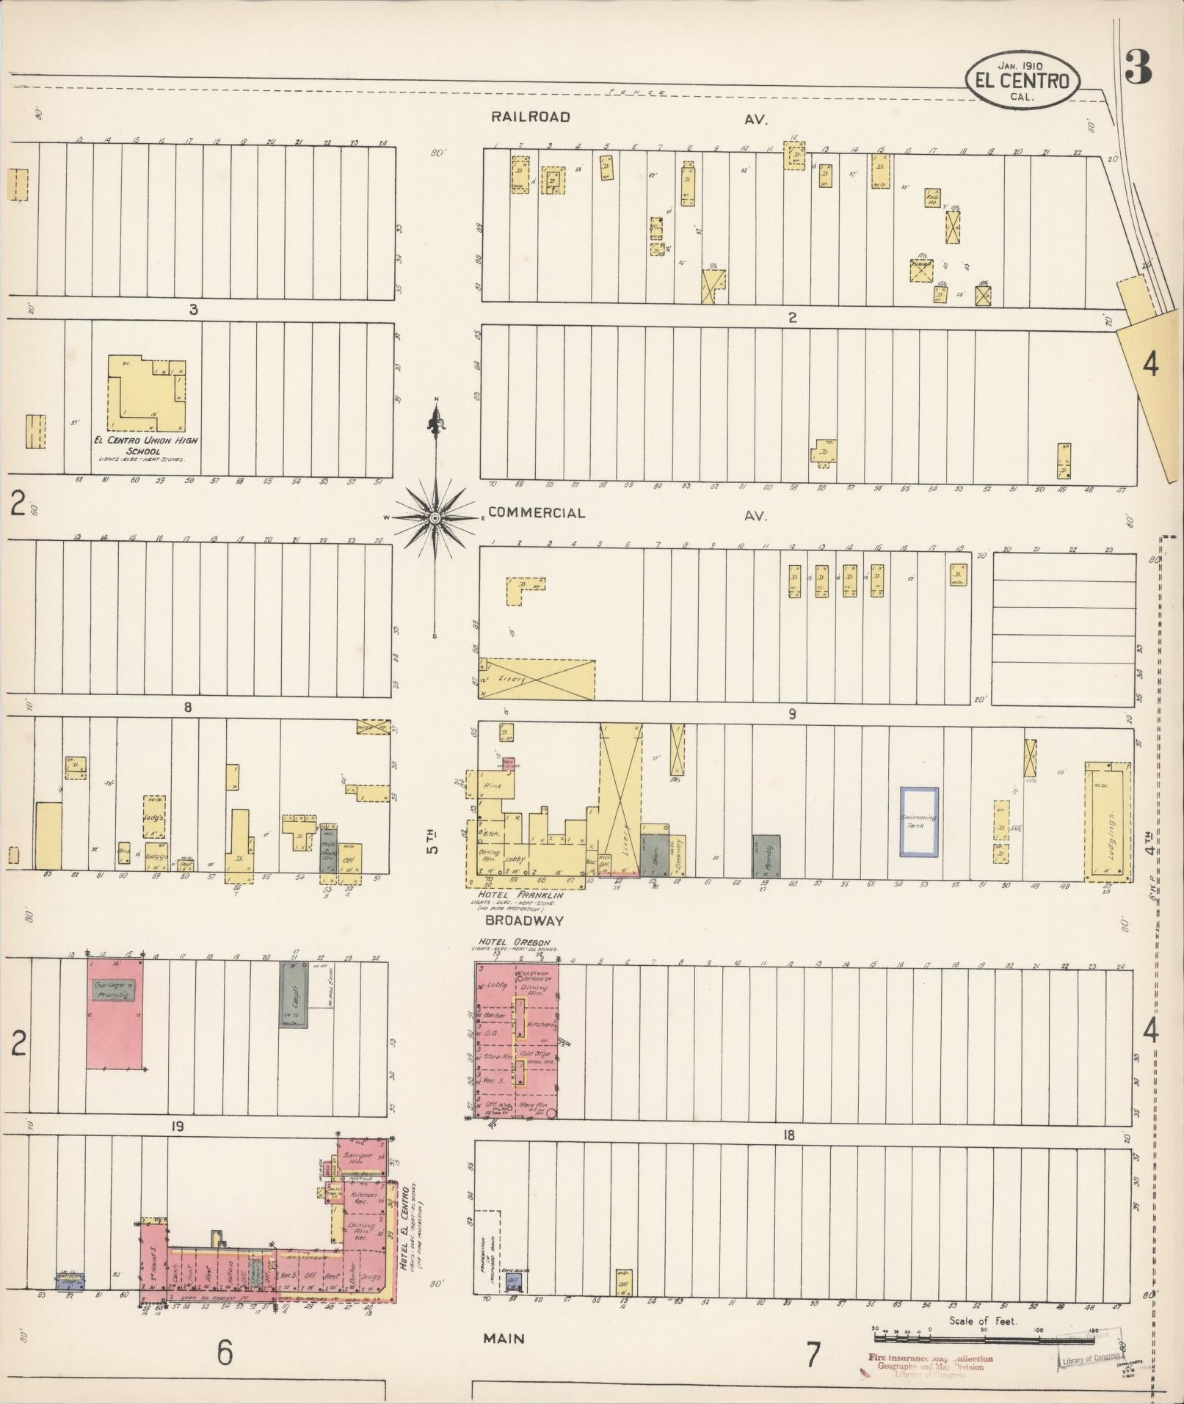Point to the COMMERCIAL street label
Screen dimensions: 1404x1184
[537, 513]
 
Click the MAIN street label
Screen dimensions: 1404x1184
[504, 1338]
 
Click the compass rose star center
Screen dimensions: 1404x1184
[435, 518]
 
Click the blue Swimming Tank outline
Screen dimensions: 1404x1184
[919, 821]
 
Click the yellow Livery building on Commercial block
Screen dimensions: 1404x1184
[537, 679]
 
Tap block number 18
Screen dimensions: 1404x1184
[788, 1135]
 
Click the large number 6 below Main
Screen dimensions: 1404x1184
[225, 1353]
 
